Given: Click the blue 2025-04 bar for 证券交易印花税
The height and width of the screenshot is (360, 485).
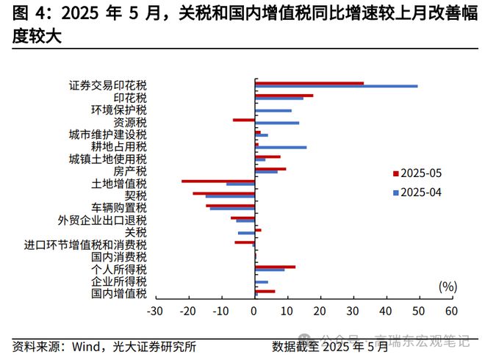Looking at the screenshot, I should click(336, 87).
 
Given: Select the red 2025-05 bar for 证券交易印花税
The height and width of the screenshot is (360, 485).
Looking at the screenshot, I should click(309, 83).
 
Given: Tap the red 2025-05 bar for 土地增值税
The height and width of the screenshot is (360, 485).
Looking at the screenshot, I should click(218, 181).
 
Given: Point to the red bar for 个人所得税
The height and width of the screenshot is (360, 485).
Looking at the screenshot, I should click(275, 267).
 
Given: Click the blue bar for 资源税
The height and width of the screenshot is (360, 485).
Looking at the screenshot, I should click(276, 123).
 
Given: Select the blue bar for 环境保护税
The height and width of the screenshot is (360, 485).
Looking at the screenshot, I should click(273, 111).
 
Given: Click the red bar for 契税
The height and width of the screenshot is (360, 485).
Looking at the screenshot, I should click(223, 193).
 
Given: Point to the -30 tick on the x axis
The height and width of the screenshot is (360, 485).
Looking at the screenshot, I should click(155, 311).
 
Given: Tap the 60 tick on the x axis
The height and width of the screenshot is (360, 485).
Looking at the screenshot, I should click(451, 311).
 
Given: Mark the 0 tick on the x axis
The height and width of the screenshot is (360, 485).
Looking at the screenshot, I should click(254, 311).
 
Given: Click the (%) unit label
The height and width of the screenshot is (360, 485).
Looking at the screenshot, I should click(447, 286).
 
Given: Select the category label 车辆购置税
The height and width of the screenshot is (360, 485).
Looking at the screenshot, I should click(119, 208).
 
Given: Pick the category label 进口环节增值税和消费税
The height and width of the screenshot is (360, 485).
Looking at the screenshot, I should click(85, 245).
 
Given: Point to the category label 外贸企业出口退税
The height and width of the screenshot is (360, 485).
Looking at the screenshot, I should click(102, 220).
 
